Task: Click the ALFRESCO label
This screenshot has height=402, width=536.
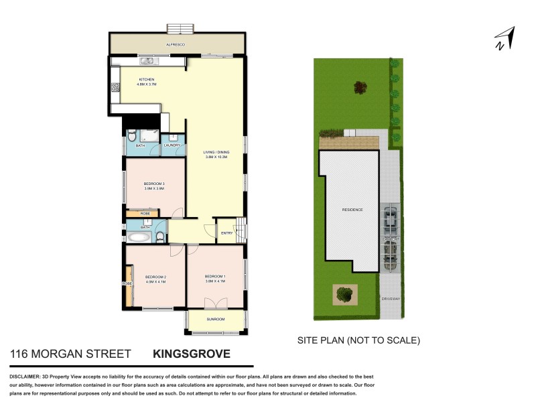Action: click(176, 45)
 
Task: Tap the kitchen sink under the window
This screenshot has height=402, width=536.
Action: click(147, 61)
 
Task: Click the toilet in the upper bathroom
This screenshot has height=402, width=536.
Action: click(131, 133)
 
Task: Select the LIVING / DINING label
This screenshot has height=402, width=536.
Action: click(216, 153)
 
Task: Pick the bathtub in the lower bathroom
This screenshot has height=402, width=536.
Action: click(139, 237)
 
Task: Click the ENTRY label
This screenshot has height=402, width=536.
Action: click(227, 232)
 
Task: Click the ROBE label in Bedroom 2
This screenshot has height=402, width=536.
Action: click(127, 283)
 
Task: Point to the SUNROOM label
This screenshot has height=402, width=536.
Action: click(216, 320)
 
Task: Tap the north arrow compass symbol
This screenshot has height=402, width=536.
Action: click(504, 38)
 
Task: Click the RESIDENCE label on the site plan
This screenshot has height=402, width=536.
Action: click(352, 210)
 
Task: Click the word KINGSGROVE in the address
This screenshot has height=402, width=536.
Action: click(192, 354)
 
